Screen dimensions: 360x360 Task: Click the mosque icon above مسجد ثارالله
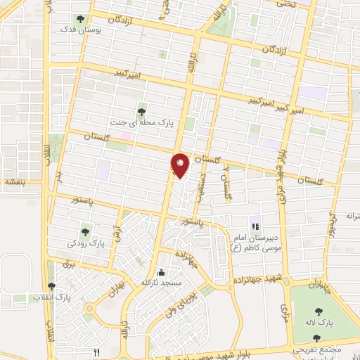click(162, 272)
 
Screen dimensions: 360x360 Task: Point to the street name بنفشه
click(13, 181)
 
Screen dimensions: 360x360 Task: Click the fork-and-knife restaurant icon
click(98, 352)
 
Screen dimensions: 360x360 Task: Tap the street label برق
click(68, 265)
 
